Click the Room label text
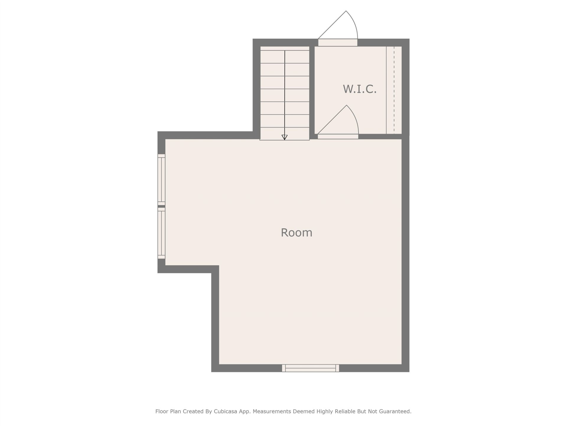(296, 233)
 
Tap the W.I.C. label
(360, 89)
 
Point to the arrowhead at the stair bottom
(284, 137)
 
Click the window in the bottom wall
(310, 368)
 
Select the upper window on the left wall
(161, 180)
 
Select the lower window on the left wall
(161, 233)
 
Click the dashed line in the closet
(394, 90)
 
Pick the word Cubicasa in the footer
(226, 411)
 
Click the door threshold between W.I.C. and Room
(338, 136)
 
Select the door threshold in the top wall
(338, 43)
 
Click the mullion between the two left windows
(161, 206)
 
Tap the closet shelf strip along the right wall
(394, 90)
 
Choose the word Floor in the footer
(162, 411)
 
